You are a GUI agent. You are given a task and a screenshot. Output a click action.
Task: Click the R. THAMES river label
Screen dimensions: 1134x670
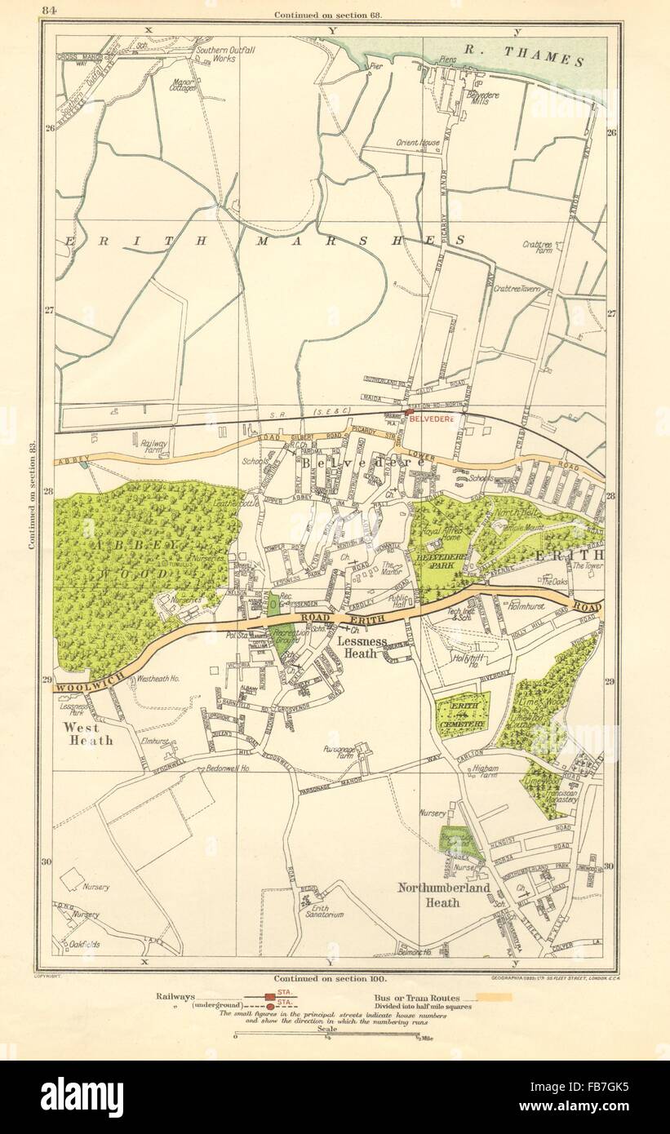pyautogui.click(x=522, y=55)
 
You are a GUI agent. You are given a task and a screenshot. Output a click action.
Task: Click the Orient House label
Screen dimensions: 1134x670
pyautogui.click(x=418, y=142)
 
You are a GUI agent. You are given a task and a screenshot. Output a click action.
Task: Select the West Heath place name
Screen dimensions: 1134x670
pyautogui.click(x=84, y=733)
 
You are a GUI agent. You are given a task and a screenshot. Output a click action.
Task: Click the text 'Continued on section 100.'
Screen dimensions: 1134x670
pyautogui.click(x=331, y=977)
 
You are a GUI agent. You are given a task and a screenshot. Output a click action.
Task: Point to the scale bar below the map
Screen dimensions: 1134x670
pyautogui.click(x=326, y=1037)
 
